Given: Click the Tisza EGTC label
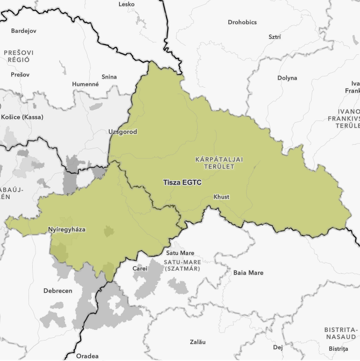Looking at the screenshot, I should pyautogui.click(x=182, y=182).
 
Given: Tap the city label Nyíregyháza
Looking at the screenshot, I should pyautogui.click(x=67, y=229).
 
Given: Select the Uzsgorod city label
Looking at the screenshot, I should pyautogui.click(x=123, y=132).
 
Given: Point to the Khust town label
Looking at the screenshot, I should pyautogui.click(x=221, y=197).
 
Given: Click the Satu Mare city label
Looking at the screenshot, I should pyautogui.click(x=180, y=252).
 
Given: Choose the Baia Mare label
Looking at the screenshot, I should pyautogui.click(x=248, y=273).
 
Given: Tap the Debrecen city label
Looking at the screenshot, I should pyautogui.click(x=57, y=291).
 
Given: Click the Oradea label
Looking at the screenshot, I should pyautogui.click(x=87, y=356).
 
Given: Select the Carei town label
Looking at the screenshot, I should pyautogui.click(x=140, y=268).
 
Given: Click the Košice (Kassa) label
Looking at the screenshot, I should pyautogui.click(x=22, y=117).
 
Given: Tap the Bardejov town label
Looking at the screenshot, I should pyautogui.click(x=24, y=31).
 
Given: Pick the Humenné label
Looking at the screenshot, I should pyautogui.click(x=85, y=84).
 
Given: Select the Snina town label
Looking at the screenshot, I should pyautogui.click(x=109, y=77).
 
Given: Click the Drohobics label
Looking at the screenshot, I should pyautogui.click(x=242, y=22).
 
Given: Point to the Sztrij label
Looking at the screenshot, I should pyautogui.click(x=275, y=37).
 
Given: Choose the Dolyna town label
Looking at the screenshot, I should pyautogui.click(x=287, y=78).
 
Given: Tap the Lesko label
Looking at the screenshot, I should pyautogui.click(x=126, y=4).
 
